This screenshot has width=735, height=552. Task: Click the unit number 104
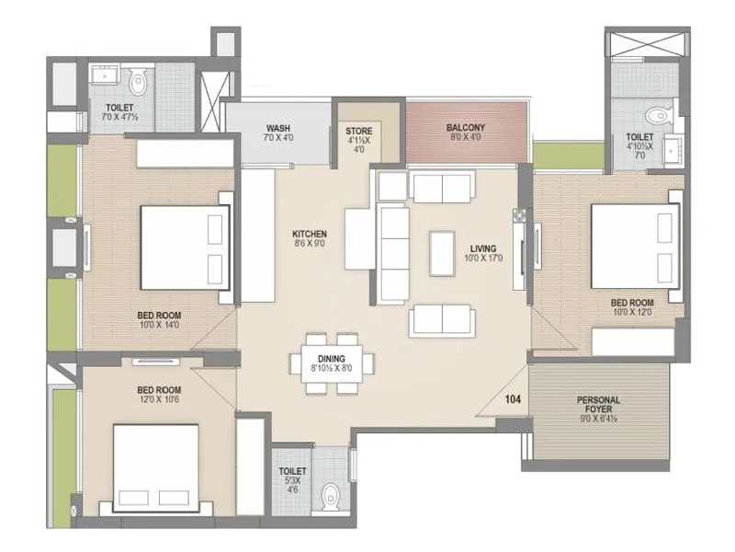[511, 400]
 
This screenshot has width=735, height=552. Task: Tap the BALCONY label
[466, 127]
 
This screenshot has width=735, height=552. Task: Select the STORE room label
[359, 132]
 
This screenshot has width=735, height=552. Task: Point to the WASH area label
[278, 128]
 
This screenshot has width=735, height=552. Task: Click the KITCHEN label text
[310, 235]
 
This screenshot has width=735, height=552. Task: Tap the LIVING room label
[483, 248]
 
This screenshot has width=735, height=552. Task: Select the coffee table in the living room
[442, 254]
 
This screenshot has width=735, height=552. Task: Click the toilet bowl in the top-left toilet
[139, 83]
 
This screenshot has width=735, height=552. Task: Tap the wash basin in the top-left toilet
[100, 76]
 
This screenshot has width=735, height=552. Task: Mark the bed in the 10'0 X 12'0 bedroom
[635, 246]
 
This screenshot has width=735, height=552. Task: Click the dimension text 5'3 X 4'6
[292, 485]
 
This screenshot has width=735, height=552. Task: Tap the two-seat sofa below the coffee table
[443, 319]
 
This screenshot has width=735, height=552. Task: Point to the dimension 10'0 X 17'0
[483, 259]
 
